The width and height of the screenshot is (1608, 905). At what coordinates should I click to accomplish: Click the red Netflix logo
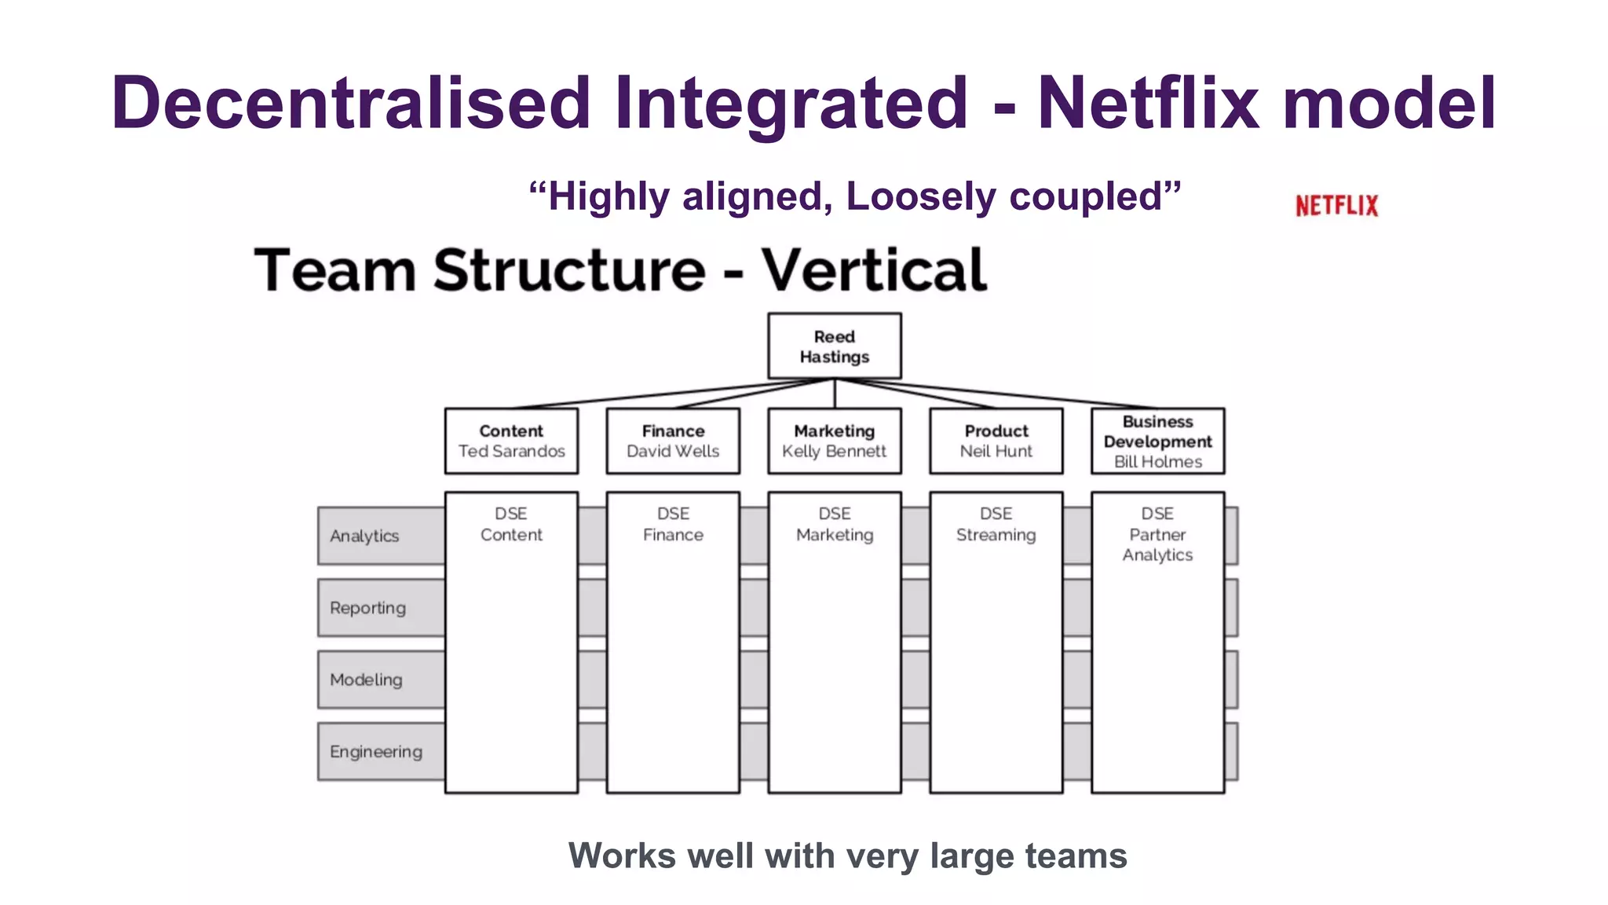[1336, 206]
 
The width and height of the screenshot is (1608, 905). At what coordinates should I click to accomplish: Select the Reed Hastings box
[834, 346]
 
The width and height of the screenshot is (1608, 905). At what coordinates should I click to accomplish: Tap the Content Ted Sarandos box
[511, 441]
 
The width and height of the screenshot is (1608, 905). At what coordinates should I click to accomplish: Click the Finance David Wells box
[673, 441]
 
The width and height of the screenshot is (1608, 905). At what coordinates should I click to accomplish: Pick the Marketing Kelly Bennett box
[834, 441]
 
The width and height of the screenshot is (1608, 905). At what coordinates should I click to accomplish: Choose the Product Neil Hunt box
[996, 441]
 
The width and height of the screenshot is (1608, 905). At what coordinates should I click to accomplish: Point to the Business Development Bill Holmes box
[1157, 441]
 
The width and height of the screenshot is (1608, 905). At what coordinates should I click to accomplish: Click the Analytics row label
[365, 536]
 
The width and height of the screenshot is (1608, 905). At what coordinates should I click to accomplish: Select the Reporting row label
[368, 608]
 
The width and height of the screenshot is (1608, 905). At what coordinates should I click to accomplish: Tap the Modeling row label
[367, 680]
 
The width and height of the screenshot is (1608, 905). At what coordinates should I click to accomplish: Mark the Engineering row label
[376, 752]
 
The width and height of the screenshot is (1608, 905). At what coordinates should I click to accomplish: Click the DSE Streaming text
[996, 525]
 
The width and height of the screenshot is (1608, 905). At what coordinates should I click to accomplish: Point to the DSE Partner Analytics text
[1157, 534]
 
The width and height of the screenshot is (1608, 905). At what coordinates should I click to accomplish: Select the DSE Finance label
[673, 525]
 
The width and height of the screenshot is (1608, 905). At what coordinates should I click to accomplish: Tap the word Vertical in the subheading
[874, 270]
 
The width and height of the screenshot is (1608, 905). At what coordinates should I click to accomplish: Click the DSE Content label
[511, 525]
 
